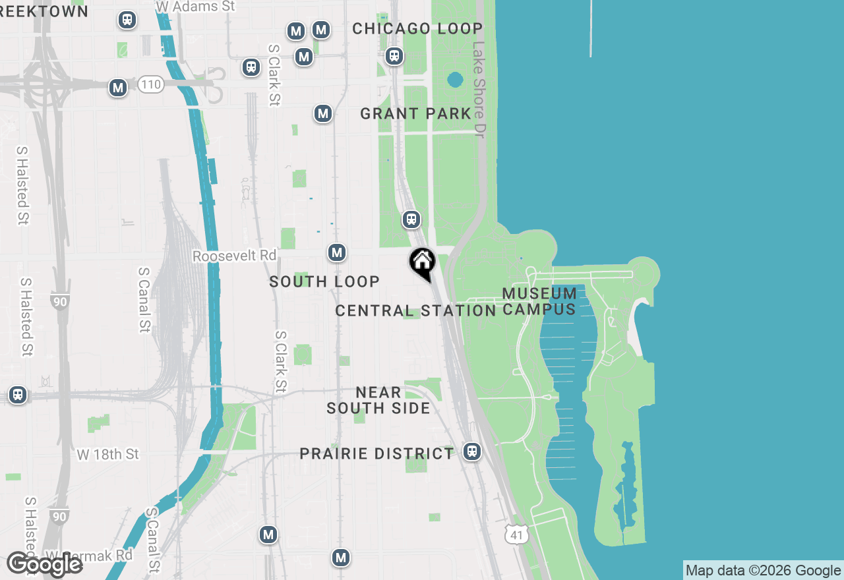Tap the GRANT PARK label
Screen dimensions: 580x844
[x=416, y=113]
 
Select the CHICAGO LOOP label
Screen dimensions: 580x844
[x=417, y=28]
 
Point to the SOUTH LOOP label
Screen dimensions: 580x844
[x=324, y=281]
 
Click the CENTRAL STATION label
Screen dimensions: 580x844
[x=415, y=310]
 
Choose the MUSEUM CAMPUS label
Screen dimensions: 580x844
[x=539, y=301]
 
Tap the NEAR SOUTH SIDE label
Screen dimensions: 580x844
[x=378, y=400]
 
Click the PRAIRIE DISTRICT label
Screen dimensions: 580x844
[x=377, y=453]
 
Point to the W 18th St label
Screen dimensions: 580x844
[x=108, y=454]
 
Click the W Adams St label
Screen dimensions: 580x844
[x=195, y=6]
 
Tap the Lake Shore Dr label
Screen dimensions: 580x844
[x=479, y=90]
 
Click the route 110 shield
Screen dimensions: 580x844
[x=150, y=84]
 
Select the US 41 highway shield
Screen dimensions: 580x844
[x=516, y=535]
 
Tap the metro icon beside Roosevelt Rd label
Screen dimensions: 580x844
[x=337, y=252]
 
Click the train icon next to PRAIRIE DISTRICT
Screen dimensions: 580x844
[x=471, y=451]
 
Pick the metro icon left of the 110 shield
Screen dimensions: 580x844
[x=118, y=87]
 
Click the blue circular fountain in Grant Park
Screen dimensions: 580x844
[x=454, y=80]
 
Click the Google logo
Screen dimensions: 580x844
[x=44, y=565]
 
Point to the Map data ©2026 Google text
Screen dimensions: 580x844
[x=763, y=571]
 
